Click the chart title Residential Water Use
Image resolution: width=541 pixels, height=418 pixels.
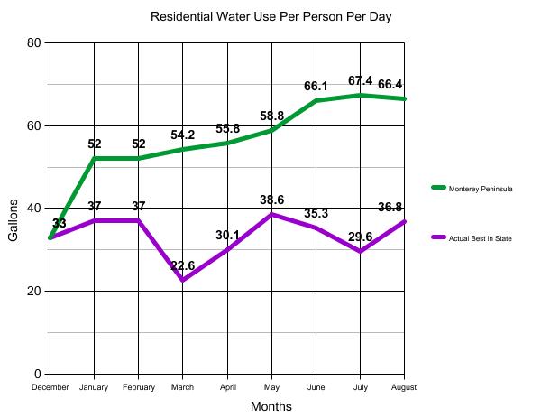click(x=270, y=16)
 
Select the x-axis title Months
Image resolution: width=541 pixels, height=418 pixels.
click(x=270, y=406)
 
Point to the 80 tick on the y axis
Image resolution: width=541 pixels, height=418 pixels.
click(x=33, y=43)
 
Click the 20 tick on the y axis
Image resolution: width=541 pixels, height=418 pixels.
click(x=33, y=291)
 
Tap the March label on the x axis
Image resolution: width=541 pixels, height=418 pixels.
click(x=182, y=386)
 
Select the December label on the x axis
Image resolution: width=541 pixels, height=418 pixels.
click(x=50, y=386)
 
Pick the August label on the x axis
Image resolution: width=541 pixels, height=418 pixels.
click(x=403, y=386)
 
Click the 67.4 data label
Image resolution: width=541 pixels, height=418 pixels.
click(x=361, y=80)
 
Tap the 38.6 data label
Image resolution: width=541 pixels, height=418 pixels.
click(x=271, y=199)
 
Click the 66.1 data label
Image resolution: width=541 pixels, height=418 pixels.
click(x=315, y=86)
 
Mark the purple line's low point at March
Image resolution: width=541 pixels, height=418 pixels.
click(x=183, y=281)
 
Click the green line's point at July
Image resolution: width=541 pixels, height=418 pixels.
click(x=361, y=95)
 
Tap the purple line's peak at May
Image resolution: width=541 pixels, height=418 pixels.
click(x=271, y=214)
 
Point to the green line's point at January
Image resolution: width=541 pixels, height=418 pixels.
click(x=95, y=158)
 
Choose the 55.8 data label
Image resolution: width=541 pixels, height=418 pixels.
click(x=227, y=128)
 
